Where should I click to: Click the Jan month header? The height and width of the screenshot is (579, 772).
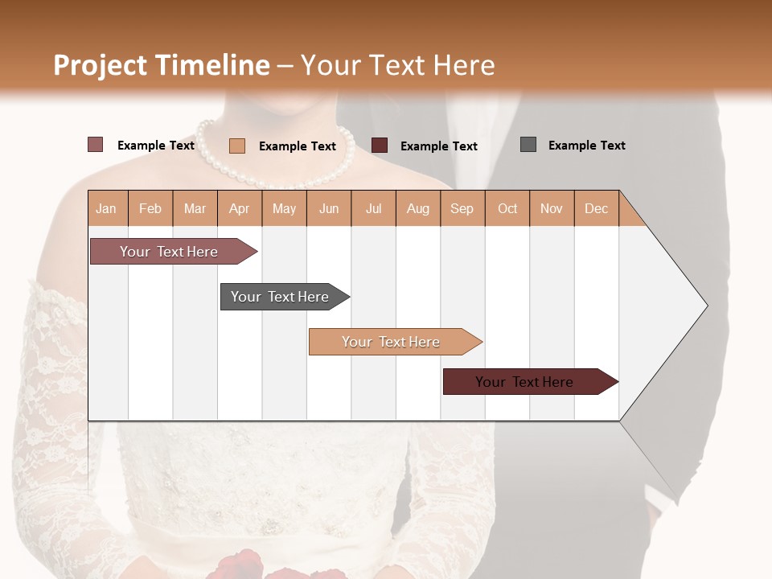coord(107,208)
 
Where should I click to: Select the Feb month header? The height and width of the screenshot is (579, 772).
coord(150,208)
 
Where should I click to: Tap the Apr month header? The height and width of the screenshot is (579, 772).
coord(240,208)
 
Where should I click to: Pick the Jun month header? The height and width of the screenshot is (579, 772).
coord(329,208)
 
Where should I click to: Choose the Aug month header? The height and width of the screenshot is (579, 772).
coord(418,208)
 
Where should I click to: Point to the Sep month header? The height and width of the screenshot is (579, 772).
coord(462,208)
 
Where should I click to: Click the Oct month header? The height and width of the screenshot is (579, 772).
coord(507,208)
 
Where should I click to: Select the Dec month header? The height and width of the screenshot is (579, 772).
coord(597,208)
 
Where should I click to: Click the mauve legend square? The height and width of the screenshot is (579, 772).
coord(95,145)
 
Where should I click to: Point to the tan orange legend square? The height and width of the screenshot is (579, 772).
coord(236,146)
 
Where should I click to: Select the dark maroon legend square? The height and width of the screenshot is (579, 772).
coord(380,146)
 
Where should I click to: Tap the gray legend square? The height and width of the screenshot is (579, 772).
coord(528,145)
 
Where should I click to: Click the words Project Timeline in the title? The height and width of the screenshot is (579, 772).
coord(162,65)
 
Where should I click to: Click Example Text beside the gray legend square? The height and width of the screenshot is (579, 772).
coord(586,146)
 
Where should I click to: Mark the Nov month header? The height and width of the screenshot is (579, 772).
coord(552,208)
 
